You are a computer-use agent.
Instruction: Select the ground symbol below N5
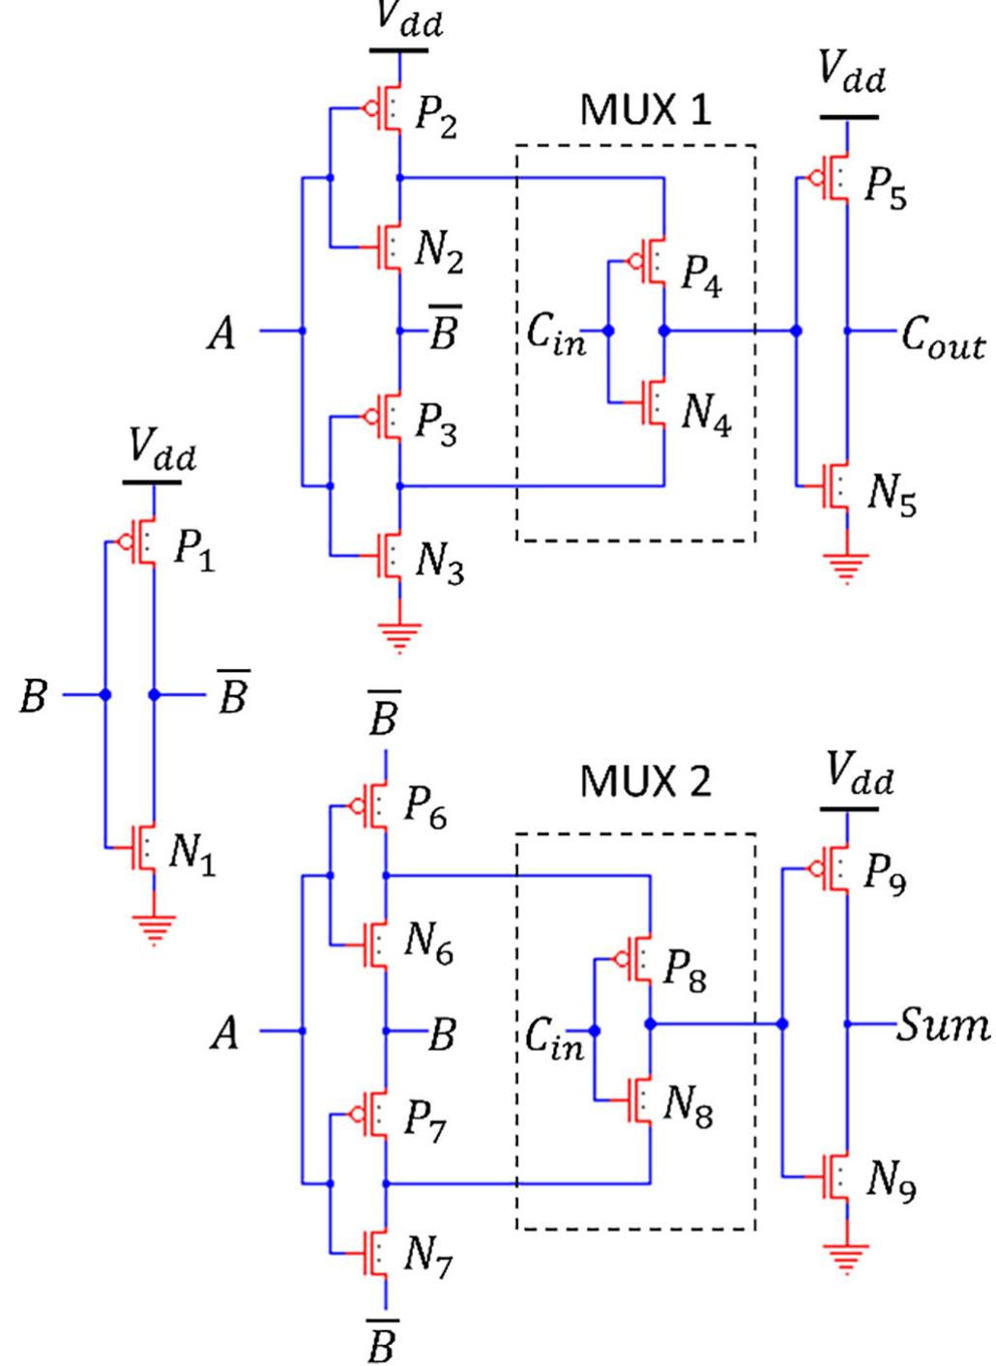click(847, 567)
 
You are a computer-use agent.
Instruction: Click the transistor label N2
click(439, 251)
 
